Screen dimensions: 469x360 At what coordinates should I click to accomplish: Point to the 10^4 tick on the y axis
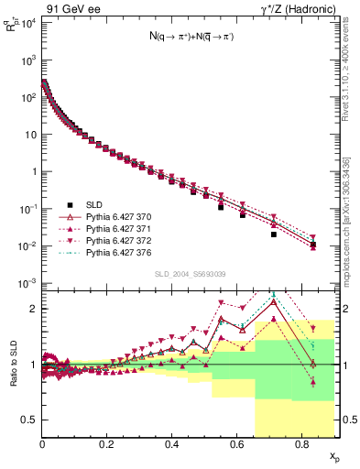tap(27, 21)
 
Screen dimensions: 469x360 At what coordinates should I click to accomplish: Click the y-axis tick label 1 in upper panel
tap(33, 171)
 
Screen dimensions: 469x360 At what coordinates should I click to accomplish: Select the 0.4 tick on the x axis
tap(172, 443)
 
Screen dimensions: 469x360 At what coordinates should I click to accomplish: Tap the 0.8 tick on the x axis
tap(302, 443)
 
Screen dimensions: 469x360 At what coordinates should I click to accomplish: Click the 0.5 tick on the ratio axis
tap(30, 420)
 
